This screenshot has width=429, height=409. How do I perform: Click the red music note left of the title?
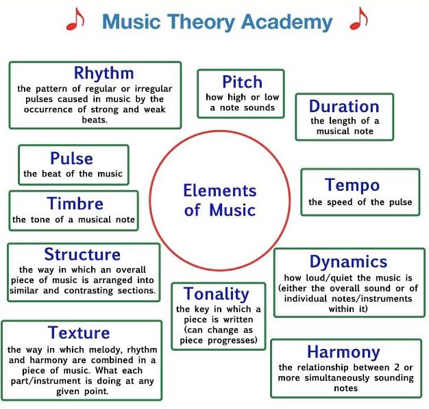pyautogui.click(x=74, y=21)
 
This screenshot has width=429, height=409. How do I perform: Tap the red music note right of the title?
pyautogui.click(x=357, y=21)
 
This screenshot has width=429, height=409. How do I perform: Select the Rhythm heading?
pyautogui.click(x=103, y=73)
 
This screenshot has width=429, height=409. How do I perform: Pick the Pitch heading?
pyautogui.click(x=242, y=82)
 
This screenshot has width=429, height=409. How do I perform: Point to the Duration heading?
pyautogui.click(x=344, y=107)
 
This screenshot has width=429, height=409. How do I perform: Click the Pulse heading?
pyautogui.click(x=71, y=159)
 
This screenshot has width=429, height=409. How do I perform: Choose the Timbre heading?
pyautogui.click(x=75, y=203)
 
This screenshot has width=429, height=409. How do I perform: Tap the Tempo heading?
pyautogui.click(x=352, y=185)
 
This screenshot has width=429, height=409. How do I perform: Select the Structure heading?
pyautogui.click(x=82, y=254)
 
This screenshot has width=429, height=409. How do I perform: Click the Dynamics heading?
pyautogui.click(x=348, y=261)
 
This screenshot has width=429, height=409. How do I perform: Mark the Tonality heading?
pyautogui.click(x=216, y=294)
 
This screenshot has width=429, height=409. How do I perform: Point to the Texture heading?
pyautogui.click(x=79, y=333)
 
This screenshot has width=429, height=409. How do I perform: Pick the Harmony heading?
pyautogui.click(x=343, y=352)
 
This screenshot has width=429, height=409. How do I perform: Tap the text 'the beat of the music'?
pyautogui.click(x=73, y=174)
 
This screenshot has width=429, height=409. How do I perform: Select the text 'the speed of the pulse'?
pyautogui.click(x=360, y=202)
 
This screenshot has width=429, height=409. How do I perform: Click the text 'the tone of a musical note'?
pyautogui.click(x=73, y=220)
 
